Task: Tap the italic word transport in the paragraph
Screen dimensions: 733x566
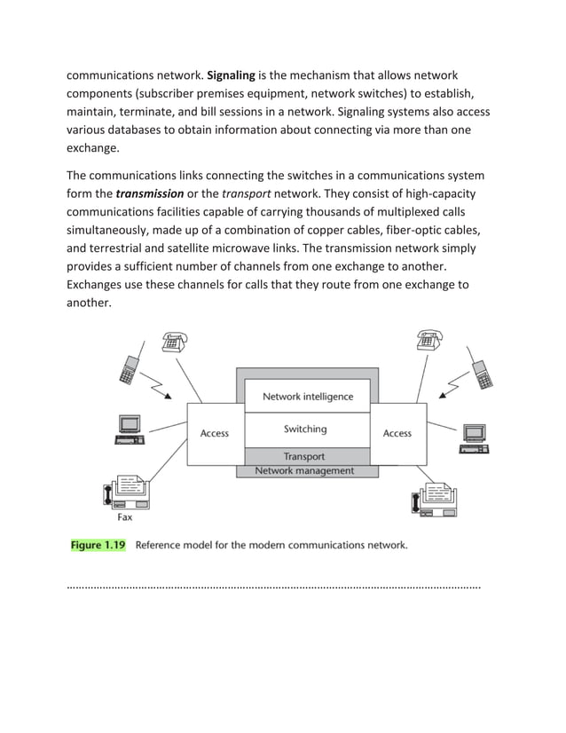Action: (248, 193)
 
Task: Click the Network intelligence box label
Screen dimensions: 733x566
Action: (307, 397)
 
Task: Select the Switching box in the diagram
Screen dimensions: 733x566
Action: (305, 430)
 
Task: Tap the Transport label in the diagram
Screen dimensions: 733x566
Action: (303, 457)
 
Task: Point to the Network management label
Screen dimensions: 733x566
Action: (304, 471)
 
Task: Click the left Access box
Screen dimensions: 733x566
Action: (214, 433)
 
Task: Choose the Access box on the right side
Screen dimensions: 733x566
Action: (397, 433)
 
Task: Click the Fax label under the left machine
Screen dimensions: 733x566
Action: (125, 516)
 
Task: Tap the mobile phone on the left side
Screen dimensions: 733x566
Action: (129, 367)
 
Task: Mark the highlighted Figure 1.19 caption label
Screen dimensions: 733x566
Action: (98, 546)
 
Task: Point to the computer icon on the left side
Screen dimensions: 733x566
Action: (128, 430)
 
